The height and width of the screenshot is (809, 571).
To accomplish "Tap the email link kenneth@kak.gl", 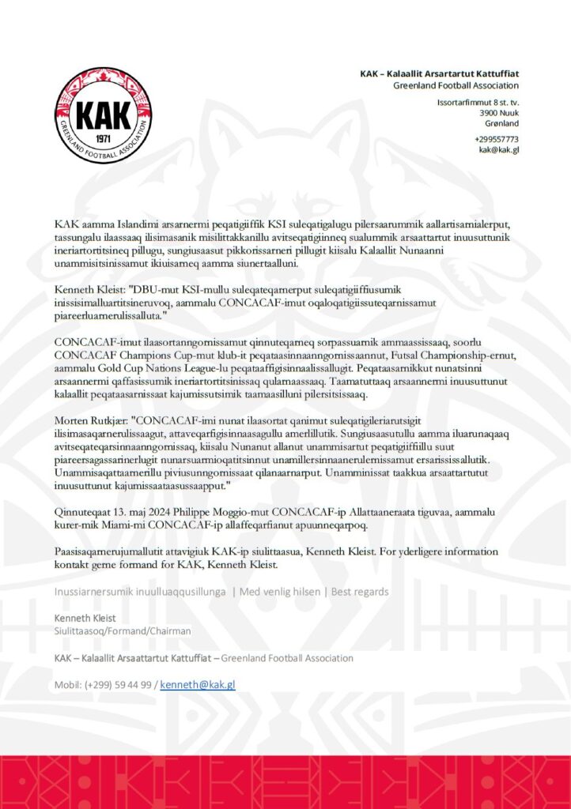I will tap(198, 684).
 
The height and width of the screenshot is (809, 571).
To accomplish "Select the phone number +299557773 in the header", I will tap(497, 139).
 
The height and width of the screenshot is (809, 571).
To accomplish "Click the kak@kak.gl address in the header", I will tap(498, 150).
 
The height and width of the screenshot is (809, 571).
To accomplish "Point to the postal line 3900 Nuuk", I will tap(499, 113).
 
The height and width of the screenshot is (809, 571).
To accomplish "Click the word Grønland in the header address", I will tap(501, 124).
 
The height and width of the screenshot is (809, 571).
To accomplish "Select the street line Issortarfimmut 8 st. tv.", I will tap(478, 102).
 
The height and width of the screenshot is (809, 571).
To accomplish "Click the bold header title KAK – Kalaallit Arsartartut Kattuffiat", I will tap(439, 73).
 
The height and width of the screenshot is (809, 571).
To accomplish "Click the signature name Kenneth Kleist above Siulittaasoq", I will tap(85, 617).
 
